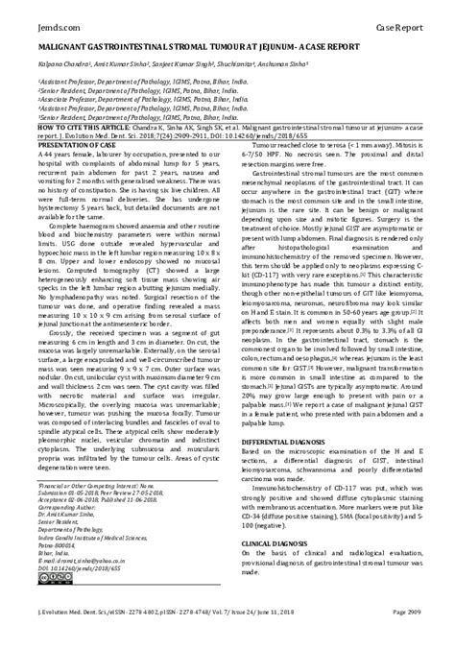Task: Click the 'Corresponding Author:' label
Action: [x=66, y=509]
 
